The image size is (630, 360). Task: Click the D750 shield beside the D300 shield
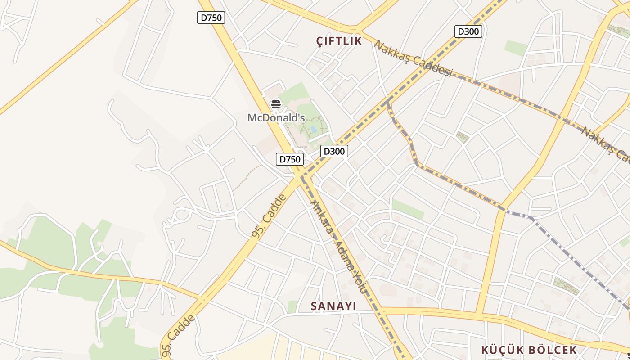289,159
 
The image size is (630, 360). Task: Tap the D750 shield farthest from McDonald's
211,18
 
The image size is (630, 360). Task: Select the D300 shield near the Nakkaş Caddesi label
468,31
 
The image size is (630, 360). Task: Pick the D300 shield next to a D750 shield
334,151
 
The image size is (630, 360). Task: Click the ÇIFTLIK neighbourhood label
339,41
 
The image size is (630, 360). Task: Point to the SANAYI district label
333,306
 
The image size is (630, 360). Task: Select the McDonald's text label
276,118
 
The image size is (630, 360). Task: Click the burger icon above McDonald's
276,104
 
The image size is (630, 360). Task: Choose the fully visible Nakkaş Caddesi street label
413,58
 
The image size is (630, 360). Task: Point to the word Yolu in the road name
360,283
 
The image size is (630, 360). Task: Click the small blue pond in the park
313,129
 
